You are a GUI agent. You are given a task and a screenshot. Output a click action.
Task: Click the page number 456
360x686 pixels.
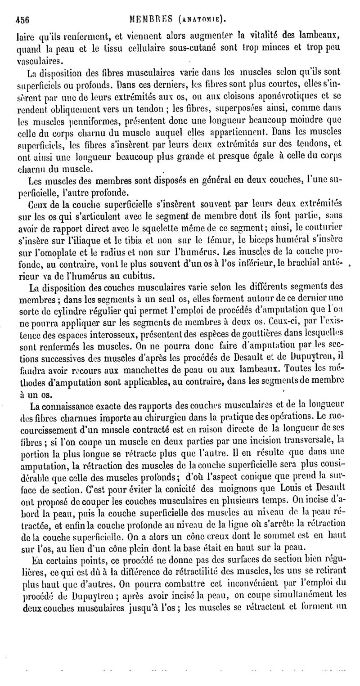coord(22,20)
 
